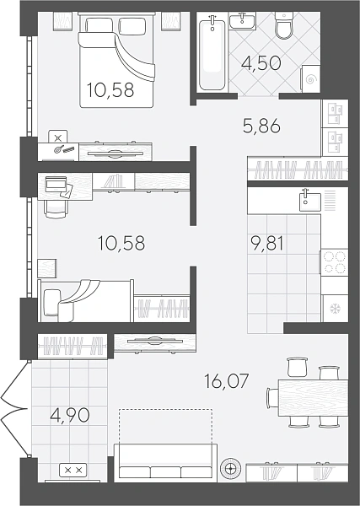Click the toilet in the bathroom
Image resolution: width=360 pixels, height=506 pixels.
pyautogui.click(x=284, y=26)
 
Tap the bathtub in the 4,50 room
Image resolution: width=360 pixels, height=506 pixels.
pyautogui.click(x=212, y=51)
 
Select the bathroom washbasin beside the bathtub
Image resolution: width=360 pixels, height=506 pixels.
pyautogui.click(x=243, y=21)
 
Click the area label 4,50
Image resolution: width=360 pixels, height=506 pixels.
pyautogui.click(x=261, y=63)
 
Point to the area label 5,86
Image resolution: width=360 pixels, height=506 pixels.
pyautogui.click(x=261, y=126)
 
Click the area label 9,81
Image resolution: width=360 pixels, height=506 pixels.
pyautogui.click(x=267, y=244)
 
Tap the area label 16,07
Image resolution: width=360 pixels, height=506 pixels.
pyautogui.click(x=227, y=381)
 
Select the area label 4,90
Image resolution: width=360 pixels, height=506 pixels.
pyautogui.click(x=70, y=415)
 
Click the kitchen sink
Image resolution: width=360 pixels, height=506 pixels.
pyautogui.click(x=310, y=202)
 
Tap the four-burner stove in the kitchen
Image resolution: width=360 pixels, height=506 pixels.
pyautogui.click(x=334, y=262)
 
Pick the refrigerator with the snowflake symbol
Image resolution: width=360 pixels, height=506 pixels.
pyautogui.click(x=335, y=309)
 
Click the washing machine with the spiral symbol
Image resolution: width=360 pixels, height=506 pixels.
pyautogui.click(x=311, y=78)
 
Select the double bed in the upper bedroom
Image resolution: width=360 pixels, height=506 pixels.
pyautogui.click(x=116, y=60)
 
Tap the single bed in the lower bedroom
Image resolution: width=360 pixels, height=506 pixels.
pyautogui.click(x=86, y=301)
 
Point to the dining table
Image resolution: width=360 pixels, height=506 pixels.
pyautogui.click(x=313, y=398)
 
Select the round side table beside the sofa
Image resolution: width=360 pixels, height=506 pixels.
pyautogui.click(x=230, y=468)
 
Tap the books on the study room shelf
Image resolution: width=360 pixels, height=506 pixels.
pyautogui.click(x=114, y=180)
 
